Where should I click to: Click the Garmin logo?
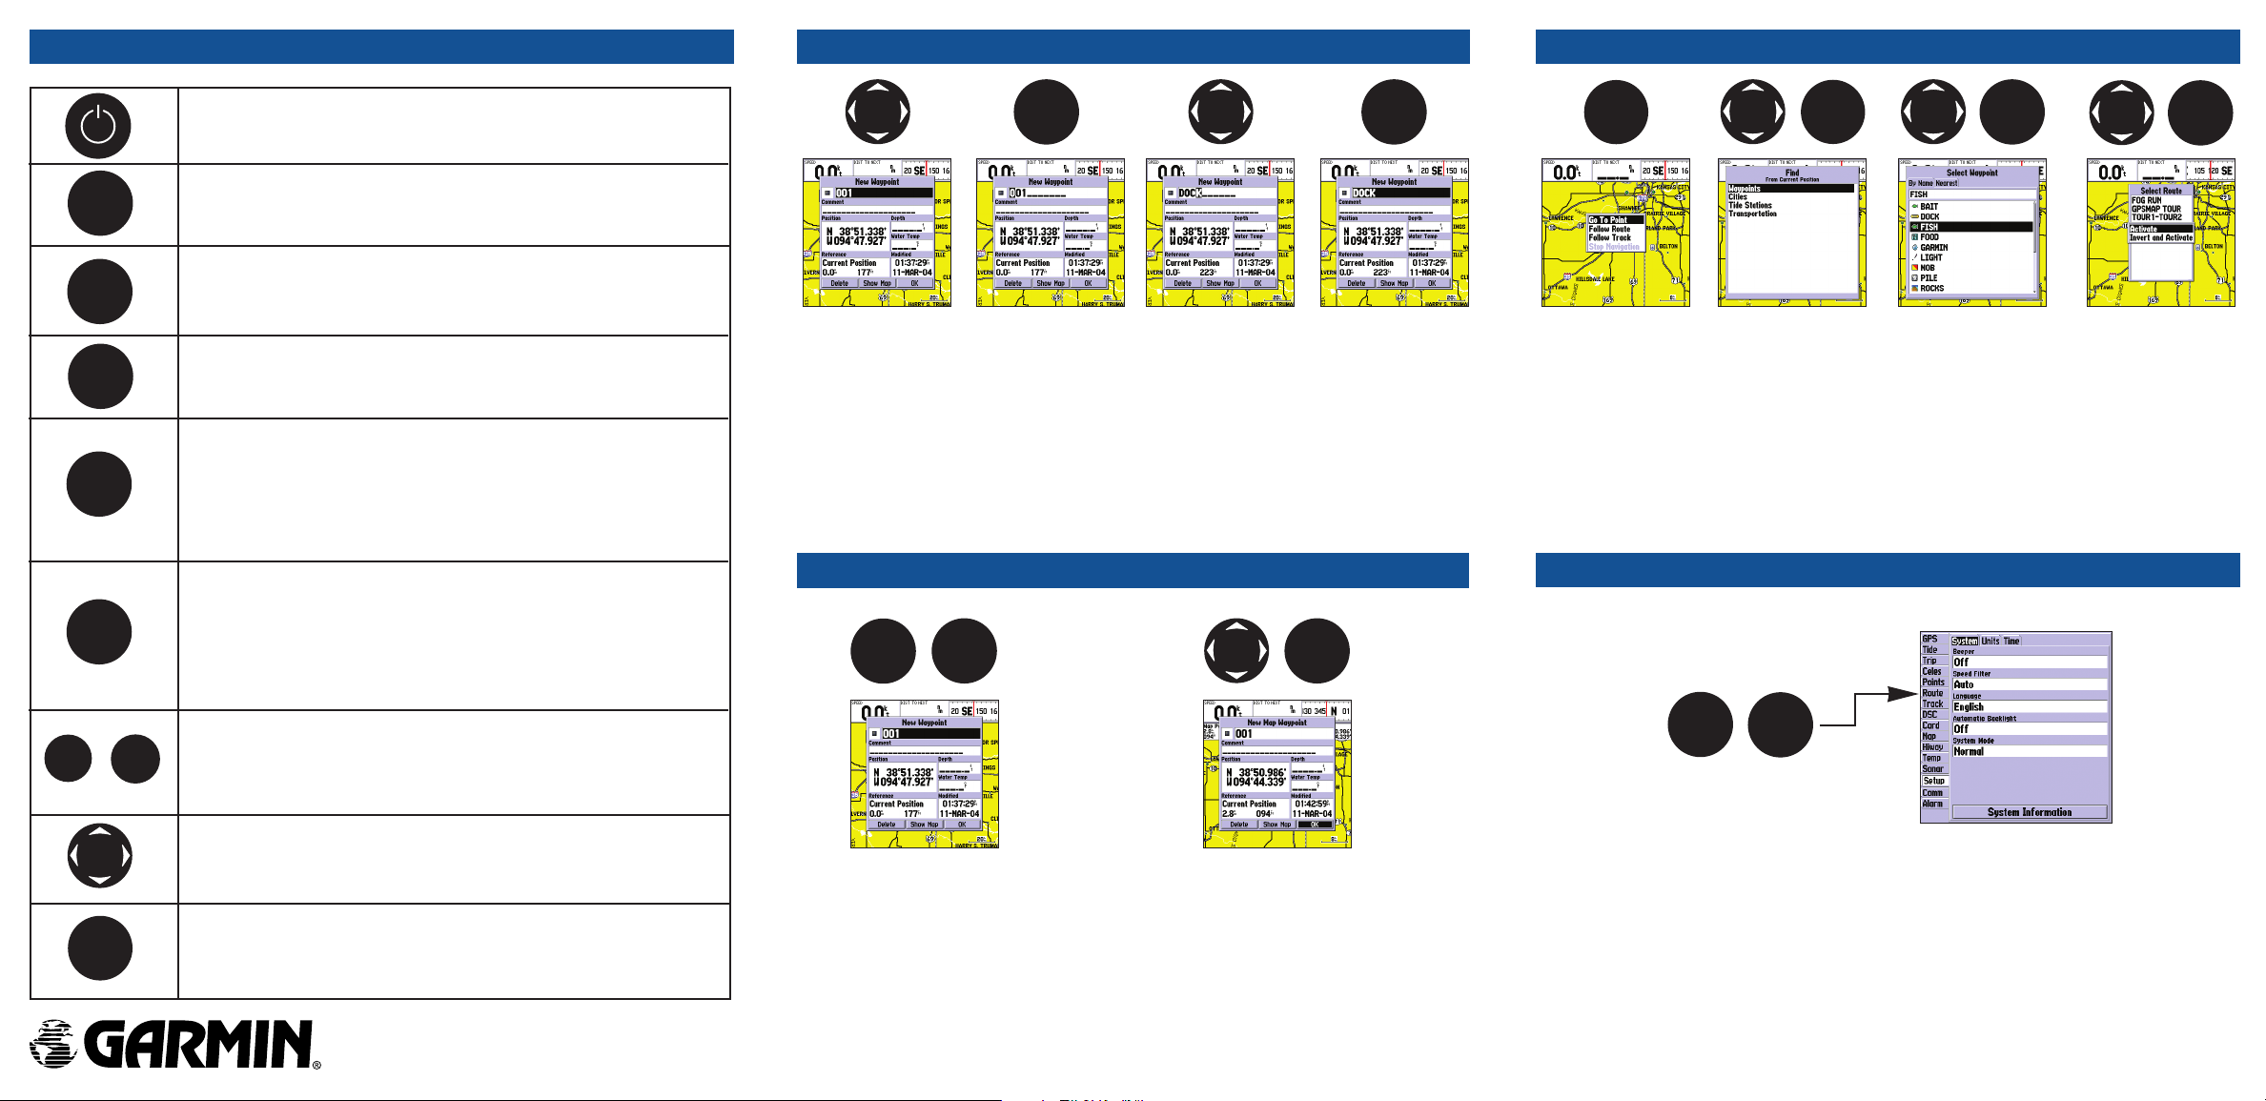coord(174,1044)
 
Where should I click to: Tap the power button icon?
coord(98,126)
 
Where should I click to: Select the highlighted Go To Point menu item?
coord(1608,220)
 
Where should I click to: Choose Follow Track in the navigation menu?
coord(1610,237)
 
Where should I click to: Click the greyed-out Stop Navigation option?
coord(1614,247)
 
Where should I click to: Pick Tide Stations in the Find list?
coord(1750,205)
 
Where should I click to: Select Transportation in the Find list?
coord(1752,214)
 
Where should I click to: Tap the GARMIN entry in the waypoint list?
coord(1933,248)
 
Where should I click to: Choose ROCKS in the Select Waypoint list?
coord(1931,288)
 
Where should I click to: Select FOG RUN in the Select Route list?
coord(2147,200)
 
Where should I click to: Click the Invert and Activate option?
coord(2161,237)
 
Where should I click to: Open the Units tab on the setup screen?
coord(1990,641)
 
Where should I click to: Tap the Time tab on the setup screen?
coord(2011,641)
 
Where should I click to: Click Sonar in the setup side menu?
coord(1932,768)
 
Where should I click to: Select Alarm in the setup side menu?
coord(1932,804)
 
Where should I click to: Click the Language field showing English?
coord(2029,707)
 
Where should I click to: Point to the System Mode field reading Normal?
coord(2029,751)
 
